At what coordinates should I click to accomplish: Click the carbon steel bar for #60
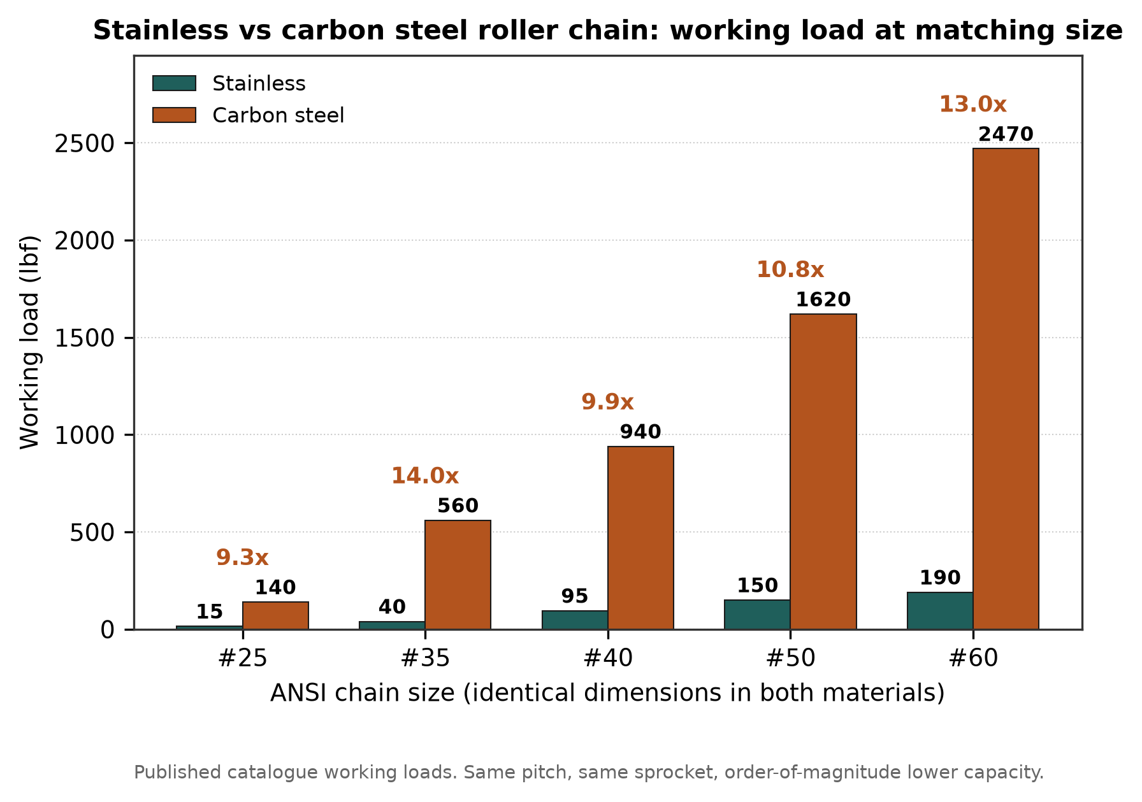1006,389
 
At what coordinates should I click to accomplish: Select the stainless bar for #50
757,615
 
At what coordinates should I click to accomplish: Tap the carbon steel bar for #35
458,575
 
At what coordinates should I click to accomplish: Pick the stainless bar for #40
575,620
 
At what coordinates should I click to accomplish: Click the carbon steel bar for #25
275,615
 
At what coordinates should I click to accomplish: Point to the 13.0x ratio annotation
972,104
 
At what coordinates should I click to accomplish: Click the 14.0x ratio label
424,476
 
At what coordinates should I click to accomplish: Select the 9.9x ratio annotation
607,402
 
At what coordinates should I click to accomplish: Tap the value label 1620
823,299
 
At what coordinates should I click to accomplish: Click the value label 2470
1006,134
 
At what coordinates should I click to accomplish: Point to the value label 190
940,578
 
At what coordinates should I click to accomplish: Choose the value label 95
575,596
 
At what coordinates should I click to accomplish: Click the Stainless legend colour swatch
174,83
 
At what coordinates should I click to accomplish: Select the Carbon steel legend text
278,115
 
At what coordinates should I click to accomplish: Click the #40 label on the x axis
608,658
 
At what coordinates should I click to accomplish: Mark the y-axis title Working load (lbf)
30,342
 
